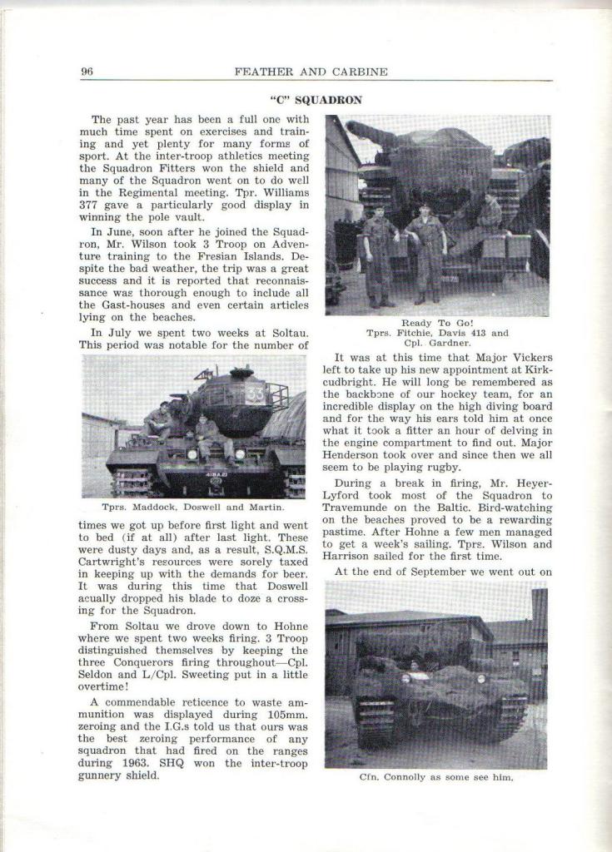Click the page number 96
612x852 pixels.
click(x=87, y=72)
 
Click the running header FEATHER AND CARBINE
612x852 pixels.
click(x=311, y=72)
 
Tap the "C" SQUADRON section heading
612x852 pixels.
click(x=316, y=100)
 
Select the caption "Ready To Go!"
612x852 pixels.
click(x=437, y=322)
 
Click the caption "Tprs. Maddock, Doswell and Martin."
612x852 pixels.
click(x=193, y=506)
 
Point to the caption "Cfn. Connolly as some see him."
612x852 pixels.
click(x=436, y=778)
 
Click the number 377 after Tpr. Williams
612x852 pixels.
click(x=90, y=205)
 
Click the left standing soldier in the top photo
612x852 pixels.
click(x=379, y=254)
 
